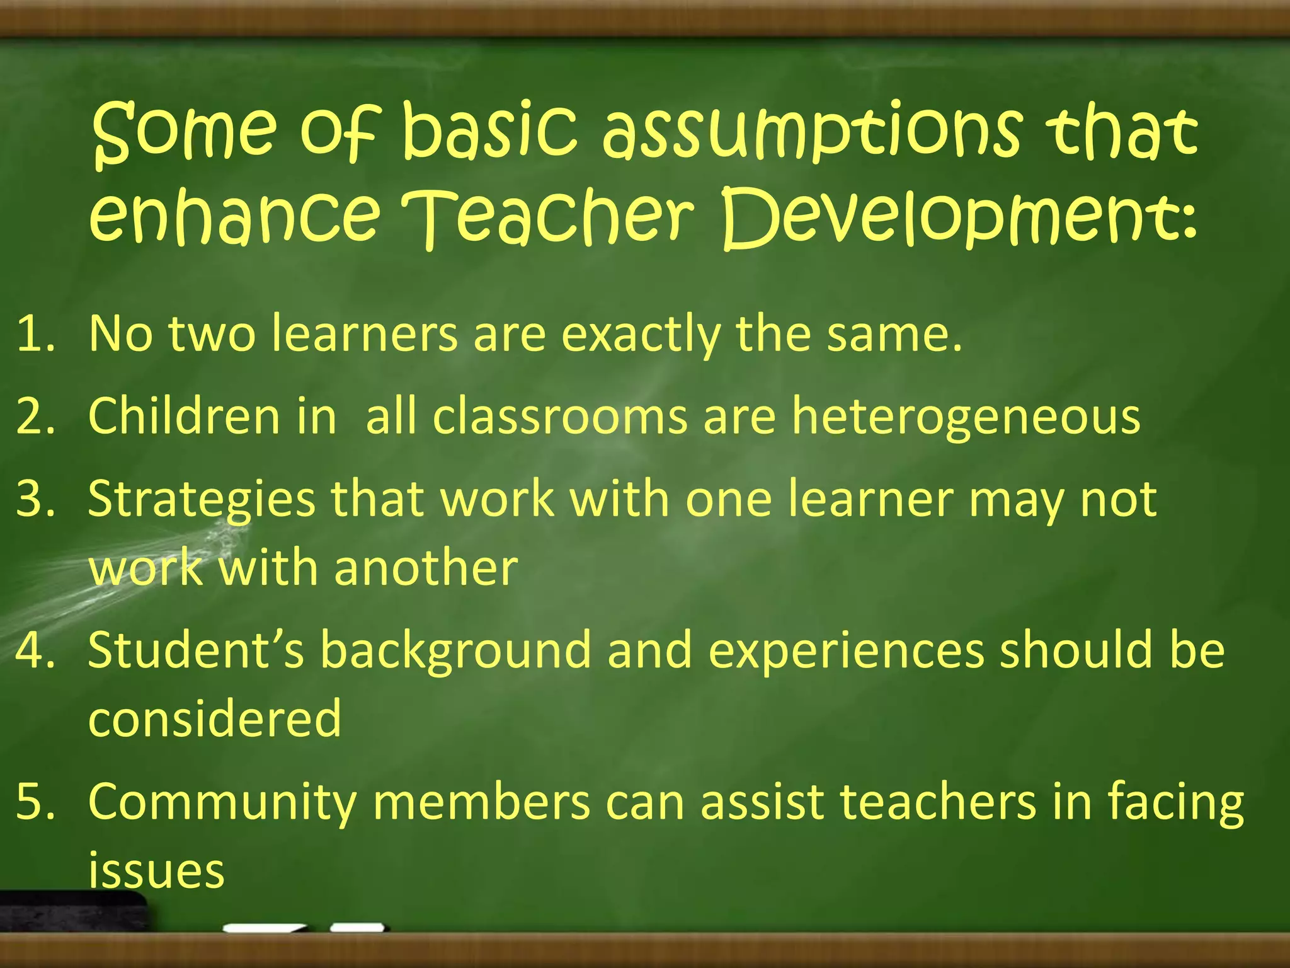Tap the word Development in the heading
(x=957, y=217)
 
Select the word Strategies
(x=202, y=500)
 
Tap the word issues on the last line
(x=156, y=871)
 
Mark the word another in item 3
(x=426, y=568)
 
